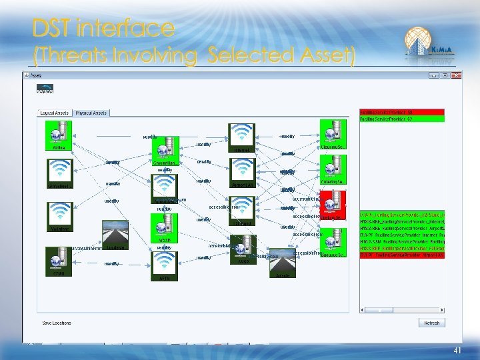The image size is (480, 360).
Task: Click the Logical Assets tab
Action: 55,113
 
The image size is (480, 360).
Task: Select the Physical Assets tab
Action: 91,113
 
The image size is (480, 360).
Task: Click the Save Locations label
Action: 56,323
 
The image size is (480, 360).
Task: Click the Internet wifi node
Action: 241,136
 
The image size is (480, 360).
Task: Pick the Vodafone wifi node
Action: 59,214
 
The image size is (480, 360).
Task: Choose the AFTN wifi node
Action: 164,265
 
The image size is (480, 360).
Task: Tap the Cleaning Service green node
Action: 333,131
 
